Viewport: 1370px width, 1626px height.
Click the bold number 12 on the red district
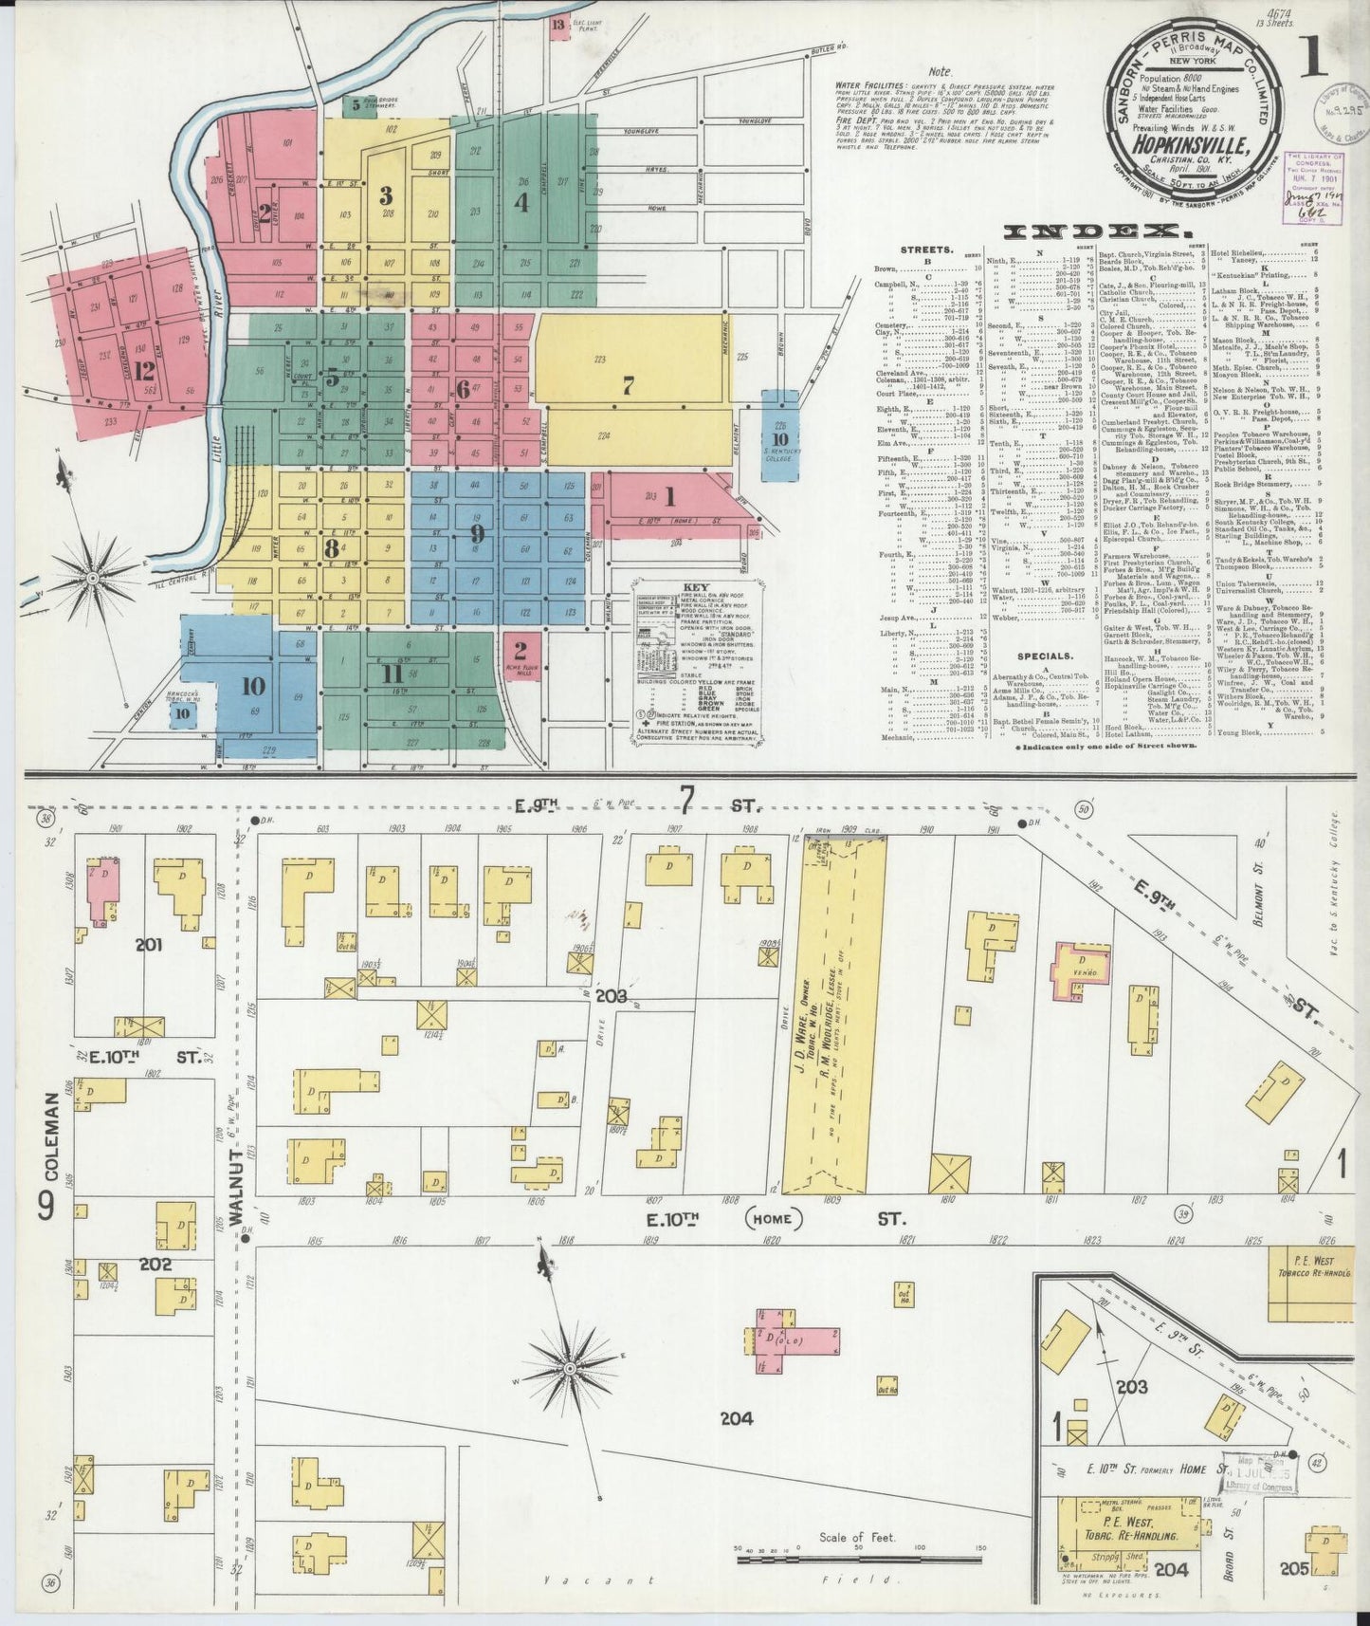[x=143, y=370]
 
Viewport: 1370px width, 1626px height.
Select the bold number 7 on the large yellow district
[x=628, y=385]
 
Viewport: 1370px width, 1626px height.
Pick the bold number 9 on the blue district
[x=477, y=533]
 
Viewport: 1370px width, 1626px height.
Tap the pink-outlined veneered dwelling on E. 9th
[x=1078, y=973]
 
